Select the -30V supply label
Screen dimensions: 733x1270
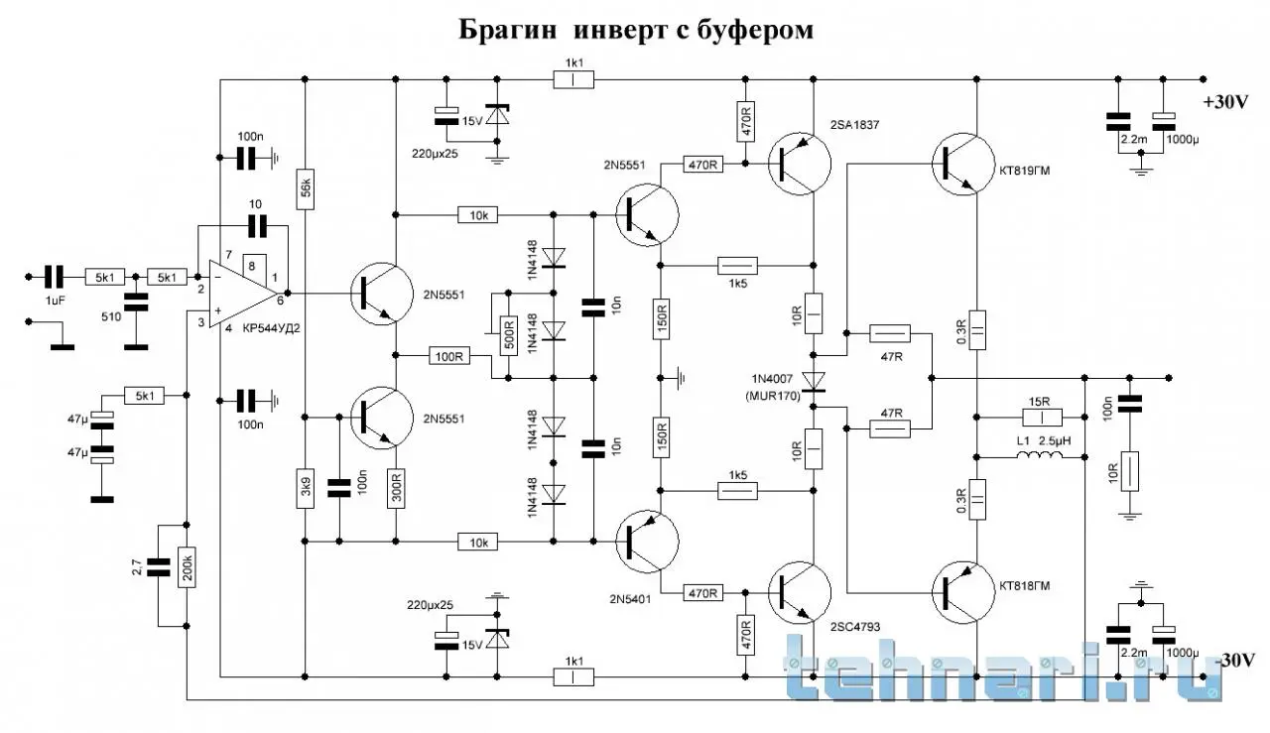1236,660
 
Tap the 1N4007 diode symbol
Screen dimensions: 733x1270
815,381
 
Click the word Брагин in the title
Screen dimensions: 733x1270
506,31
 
